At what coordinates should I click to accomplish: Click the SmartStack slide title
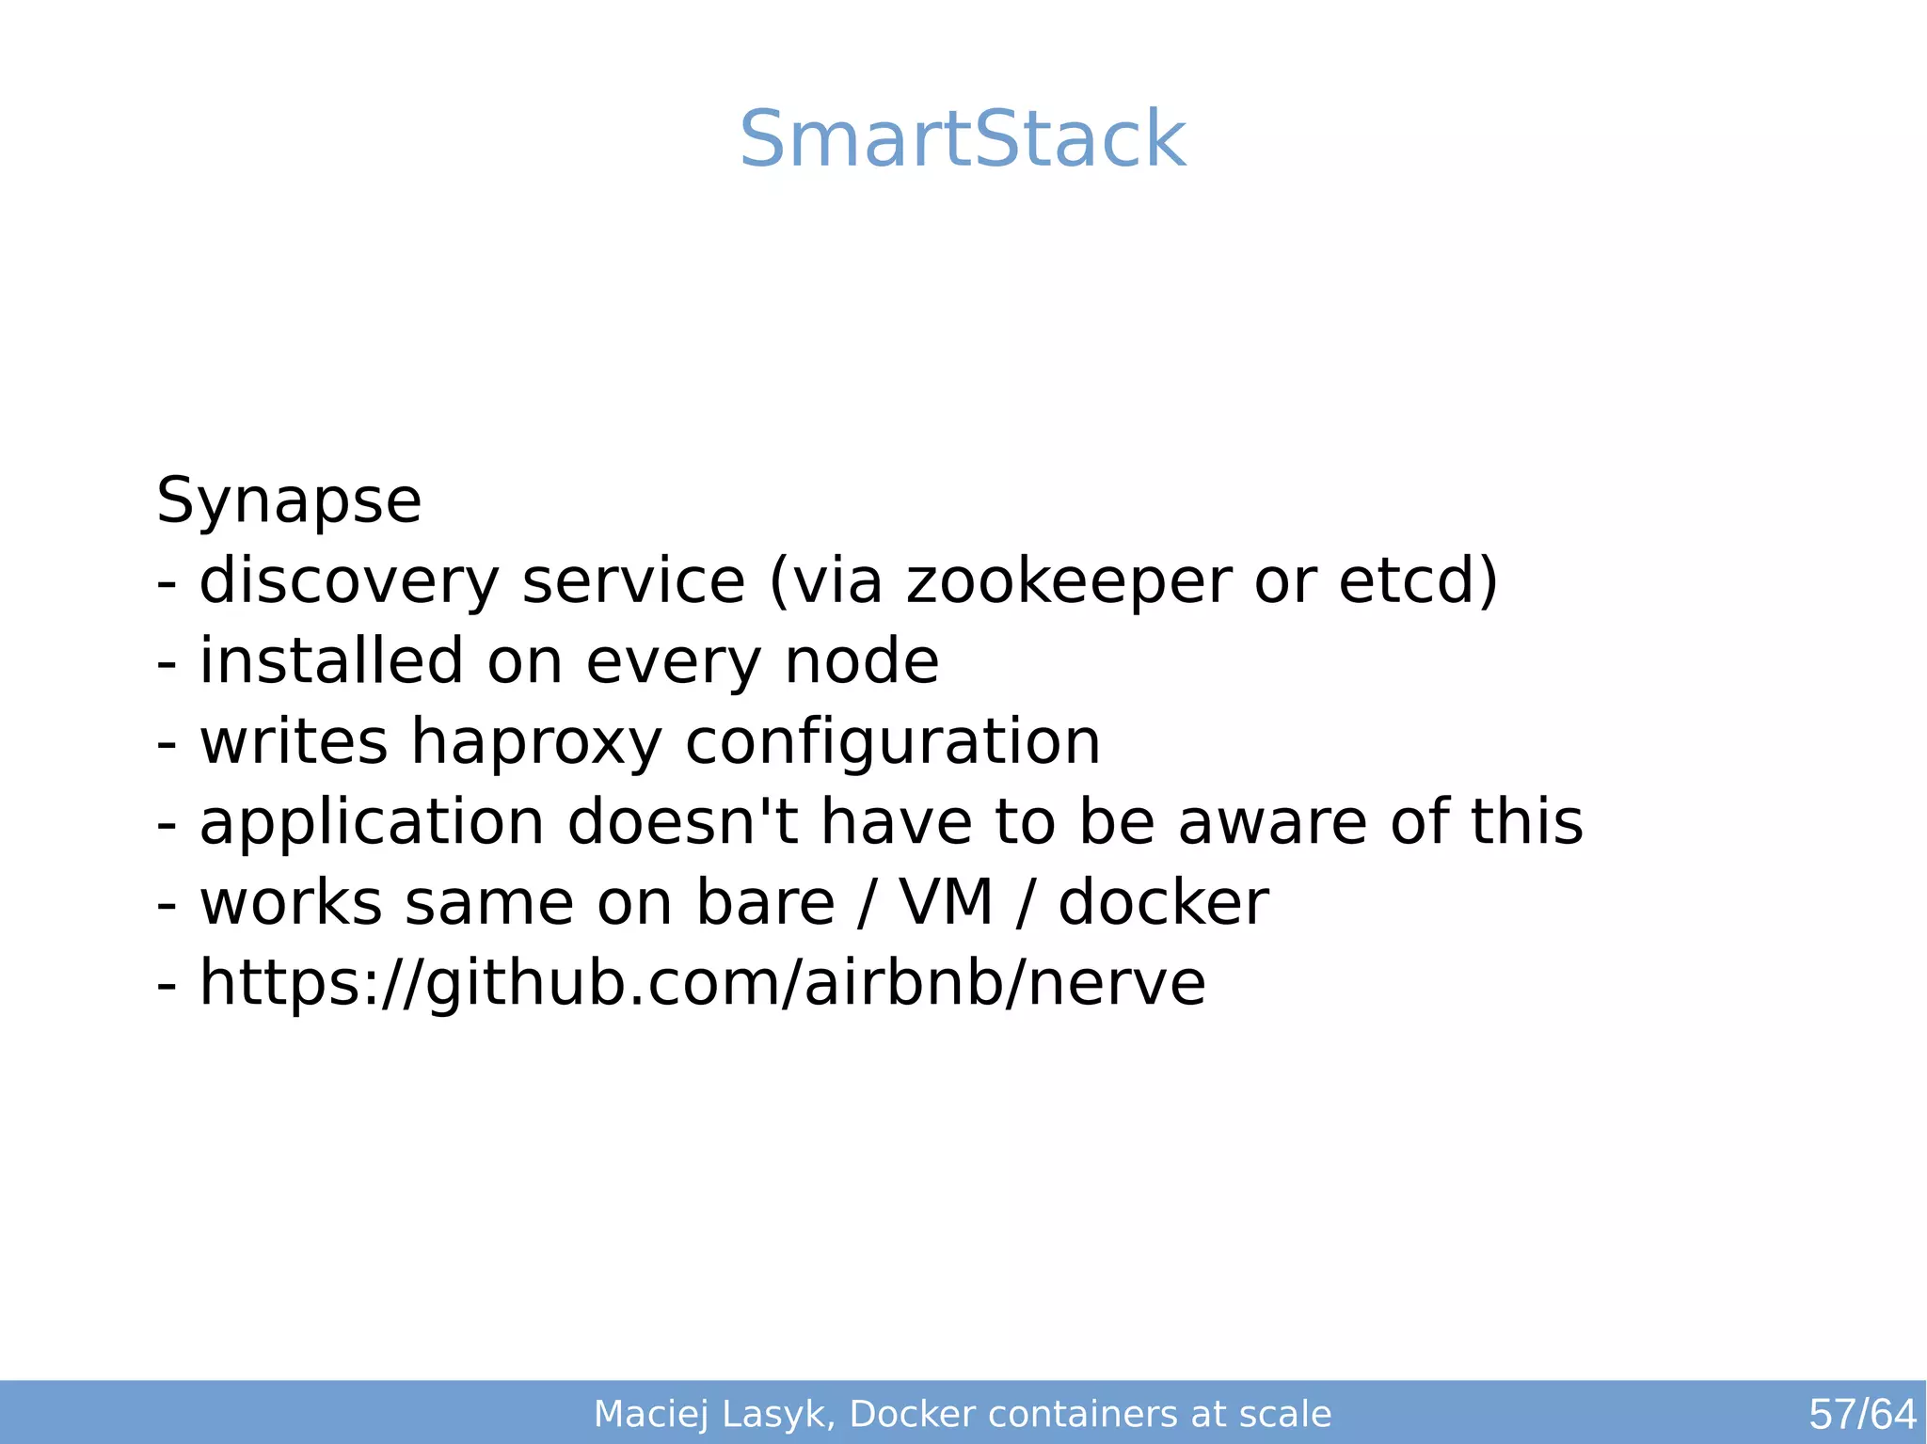pyautogui.click(x=963, y=140)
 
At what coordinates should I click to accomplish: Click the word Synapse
pyautogui.click(x=289, y=500)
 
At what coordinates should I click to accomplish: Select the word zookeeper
pyautogui.click(x=1068, y=580)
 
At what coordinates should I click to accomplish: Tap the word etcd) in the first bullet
pyautogui.click(x=1418, y=580)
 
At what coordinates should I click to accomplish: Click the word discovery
pyautogui.click(x=349, y=580)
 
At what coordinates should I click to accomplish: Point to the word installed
pyautogui.click(x=331, y=660)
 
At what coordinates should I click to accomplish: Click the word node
pyautogui.click(x=861, y=660)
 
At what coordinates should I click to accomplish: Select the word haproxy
pyautogui.click(x=536, y=742)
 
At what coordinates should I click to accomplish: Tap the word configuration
pyautogui.click(x=892, y=742)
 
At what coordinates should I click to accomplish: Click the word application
pyautogui.click(x=372, y=822)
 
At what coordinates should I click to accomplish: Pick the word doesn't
pyautogui.click(x=682, y=822)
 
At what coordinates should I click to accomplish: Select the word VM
pyautogui.click(x=946, y=903)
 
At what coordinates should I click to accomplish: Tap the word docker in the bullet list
pyautogui.click(x=1163, y=903)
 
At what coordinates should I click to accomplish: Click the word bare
pyautogui.click(x=764, y=903)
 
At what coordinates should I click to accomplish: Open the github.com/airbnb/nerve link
pyautogui.click(x=702, y=983)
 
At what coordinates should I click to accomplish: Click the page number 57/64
pyautogui.click(x=1862, y=1414)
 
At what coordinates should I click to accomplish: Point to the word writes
pyautogui.click(x=294, y=742)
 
